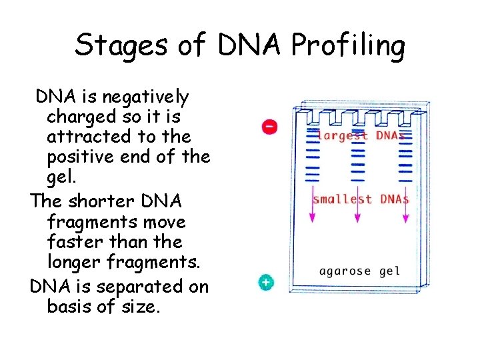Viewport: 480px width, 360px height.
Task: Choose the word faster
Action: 78,241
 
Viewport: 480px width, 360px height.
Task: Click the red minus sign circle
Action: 269,126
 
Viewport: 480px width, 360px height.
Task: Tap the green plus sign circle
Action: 266,283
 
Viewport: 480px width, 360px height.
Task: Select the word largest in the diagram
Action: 343,135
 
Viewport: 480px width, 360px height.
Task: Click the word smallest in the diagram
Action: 343,199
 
